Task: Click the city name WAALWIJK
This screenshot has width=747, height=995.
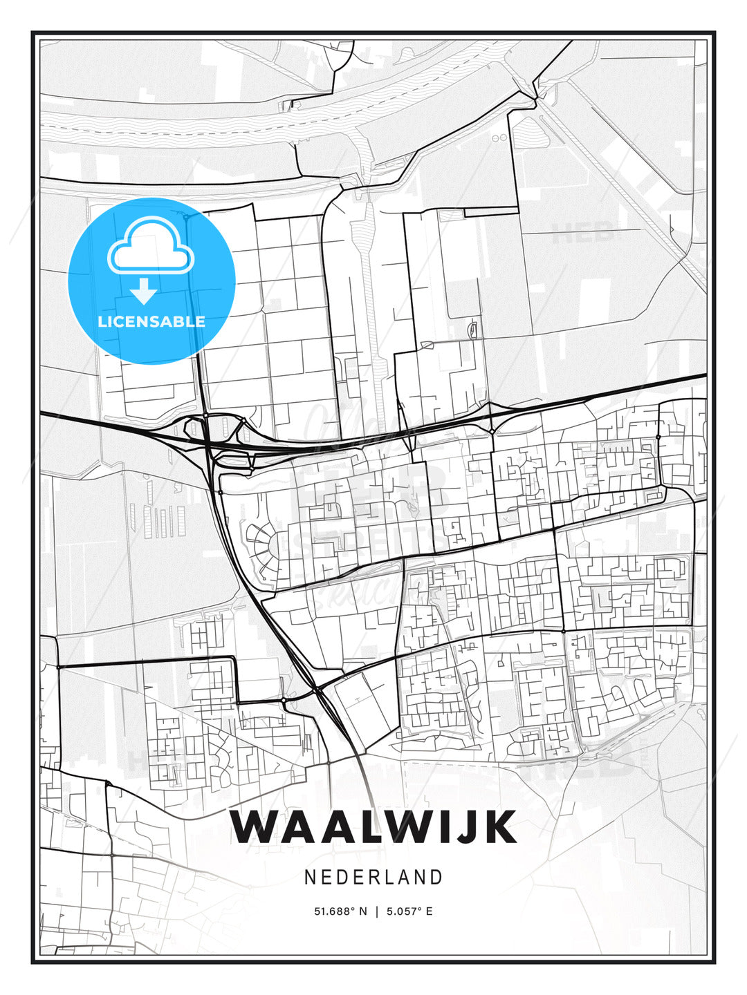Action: [x=373, y=826]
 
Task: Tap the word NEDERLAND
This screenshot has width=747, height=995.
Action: [x=373, y=877]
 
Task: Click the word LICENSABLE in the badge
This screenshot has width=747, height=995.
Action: [x=151, y=321]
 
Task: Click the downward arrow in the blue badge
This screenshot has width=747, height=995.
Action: [x=144, y=292]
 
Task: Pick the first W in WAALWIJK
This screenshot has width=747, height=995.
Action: [x=256, y=826]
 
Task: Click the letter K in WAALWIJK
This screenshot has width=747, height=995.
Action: [x=499, y=826]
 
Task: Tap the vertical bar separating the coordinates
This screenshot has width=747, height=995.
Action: [x=376, y=911]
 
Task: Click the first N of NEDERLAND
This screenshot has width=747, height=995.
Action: [x=310, y=877]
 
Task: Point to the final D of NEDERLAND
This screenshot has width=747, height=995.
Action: [x=436, y=877]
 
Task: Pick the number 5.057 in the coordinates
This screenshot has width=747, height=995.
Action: [x=402, y=911]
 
